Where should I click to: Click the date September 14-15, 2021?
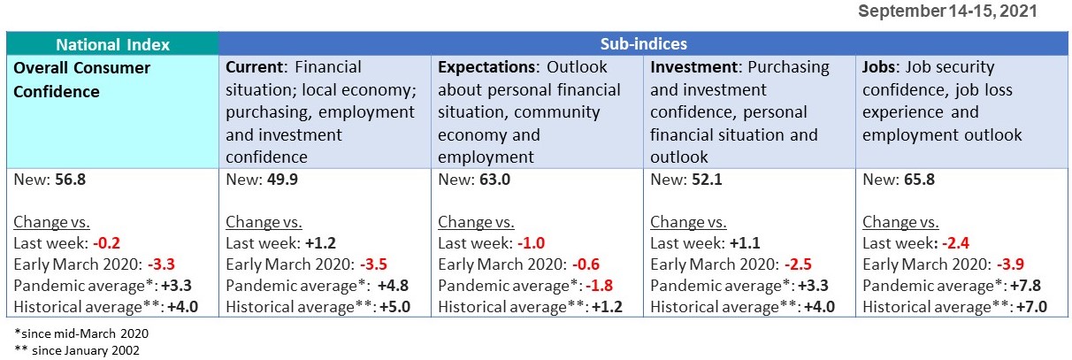[947, 11]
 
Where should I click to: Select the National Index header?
[112, 43]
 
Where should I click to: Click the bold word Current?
[255, 67]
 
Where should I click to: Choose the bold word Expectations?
[487, 67]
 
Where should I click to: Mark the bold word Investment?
[693, 67]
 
